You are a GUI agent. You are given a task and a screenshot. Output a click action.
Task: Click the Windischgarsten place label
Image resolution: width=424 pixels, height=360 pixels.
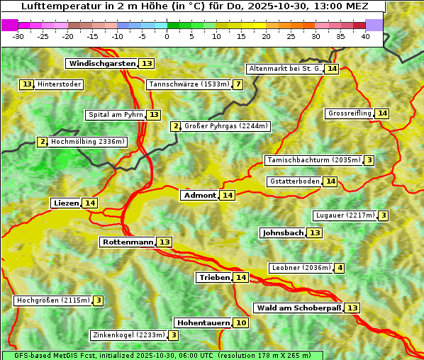[101, 64]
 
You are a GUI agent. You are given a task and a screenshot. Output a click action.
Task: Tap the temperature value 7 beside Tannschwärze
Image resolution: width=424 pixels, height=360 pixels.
[238, 85]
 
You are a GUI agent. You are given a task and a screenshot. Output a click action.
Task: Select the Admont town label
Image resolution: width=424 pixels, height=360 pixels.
[199, 196]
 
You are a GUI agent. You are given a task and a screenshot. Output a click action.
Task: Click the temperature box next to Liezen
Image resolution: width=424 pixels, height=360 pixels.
[89, 203]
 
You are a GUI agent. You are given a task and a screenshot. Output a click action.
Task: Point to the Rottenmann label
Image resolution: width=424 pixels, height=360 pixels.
[128, 242]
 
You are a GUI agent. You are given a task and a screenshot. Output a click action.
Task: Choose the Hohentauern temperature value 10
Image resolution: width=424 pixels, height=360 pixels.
[241, 323]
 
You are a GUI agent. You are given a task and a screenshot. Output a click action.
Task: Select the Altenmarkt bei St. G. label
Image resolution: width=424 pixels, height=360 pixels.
[285, 69]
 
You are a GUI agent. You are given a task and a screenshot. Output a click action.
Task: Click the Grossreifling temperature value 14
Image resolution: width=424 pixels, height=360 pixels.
[382, 113]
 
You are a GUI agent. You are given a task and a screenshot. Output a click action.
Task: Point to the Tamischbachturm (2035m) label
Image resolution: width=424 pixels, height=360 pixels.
[313, 160]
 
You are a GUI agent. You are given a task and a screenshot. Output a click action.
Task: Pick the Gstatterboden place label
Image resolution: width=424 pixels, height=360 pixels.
[294, 181]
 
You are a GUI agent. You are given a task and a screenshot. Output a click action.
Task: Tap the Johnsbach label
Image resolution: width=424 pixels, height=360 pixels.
[283, 233]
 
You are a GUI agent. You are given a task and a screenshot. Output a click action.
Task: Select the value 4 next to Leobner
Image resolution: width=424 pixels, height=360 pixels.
[340, 268]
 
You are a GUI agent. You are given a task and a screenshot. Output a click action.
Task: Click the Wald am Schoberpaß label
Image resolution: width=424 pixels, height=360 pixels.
[299, 308]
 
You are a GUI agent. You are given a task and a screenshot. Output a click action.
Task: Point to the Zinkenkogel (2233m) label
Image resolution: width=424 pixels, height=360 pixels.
[128, 335]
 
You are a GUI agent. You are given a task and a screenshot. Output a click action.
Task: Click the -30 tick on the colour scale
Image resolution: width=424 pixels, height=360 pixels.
[18, 36]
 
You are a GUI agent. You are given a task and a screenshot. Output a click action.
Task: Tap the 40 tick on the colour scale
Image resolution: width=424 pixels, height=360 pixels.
[365, 36]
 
